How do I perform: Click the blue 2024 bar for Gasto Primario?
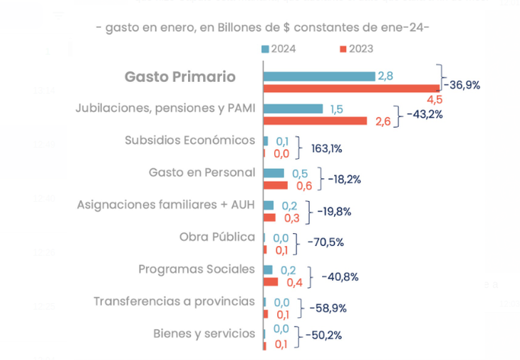point(318,76)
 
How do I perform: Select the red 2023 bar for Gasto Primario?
point(352,88)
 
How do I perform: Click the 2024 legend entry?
point(279,49)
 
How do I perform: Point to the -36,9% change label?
point(461,85)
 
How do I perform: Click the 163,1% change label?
point(327,149)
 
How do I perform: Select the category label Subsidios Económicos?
point(189,140)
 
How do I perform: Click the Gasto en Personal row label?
point(202,172)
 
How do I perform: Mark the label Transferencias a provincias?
point(174,301)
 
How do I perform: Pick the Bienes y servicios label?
point(204,333)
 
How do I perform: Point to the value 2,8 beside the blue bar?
point(385,76)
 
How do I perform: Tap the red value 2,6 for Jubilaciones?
point(383,122)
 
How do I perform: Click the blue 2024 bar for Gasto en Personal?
point(274,173)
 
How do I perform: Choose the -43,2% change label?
point(425,114)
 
